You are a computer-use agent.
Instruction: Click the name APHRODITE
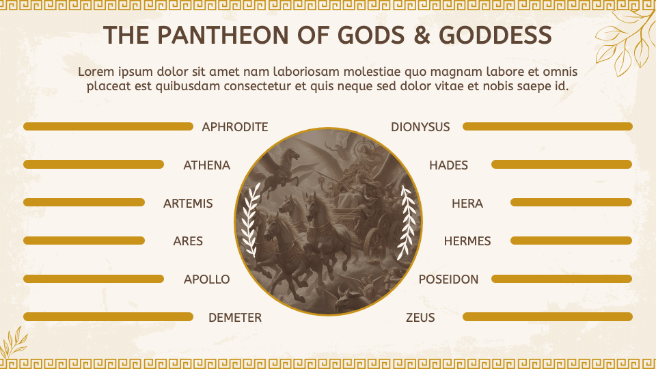coord(234,127)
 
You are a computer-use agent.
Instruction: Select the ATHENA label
coord(206,165)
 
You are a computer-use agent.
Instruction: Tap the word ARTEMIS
coord(188,204)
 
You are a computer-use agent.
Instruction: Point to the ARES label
coord(188,241)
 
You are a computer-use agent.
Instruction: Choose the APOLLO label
coord(206,279)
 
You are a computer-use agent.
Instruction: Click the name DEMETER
coord(234,318)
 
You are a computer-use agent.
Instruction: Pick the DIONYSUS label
coord(420,127)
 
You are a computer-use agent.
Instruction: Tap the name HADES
coord(448,165)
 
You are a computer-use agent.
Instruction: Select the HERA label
coord(467,204)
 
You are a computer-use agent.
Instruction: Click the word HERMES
coord(467,241)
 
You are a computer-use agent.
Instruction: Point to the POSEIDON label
coord(448,279)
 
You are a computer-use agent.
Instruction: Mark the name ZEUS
coord(420,318)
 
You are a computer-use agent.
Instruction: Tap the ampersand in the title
coord(423,36)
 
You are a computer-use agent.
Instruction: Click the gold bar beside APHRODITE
coord(108,126)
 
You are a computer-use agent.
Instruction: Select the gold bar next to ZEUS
coord(547,317)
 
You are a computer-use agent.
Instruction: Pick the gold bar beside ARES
coord(84,241)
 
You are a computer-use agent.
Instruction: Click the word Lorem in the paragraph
coord(94,72)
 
